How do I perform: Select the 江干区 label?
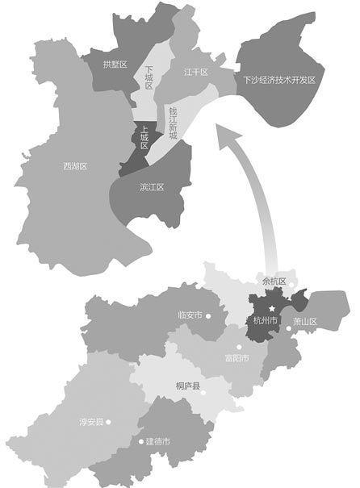pyautogui.click(x=195, y=73)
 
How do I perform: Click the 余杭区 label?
pyautogui.click(x=274, y=282)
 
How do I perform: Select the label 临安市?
pyautogui.click(x=189, y=315)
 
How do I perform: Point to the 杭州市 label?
pyautogui.click(x=265, y=321)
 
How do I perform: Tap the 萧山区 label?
pyautogui.click(x=305, y=321)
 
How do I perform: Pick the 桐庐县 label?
pyautogui.click(x=188, y=385)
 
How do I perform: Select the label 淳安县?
pyautogui.click(x=90, y=421)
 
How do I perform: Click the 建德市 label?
pyautogui.click(x=157, y=442)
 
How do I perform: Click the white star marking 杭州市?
pyautogui.click(x=273, y=309)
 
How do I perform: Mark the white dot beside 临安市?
pyautogui.click(x=208, y=315)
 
